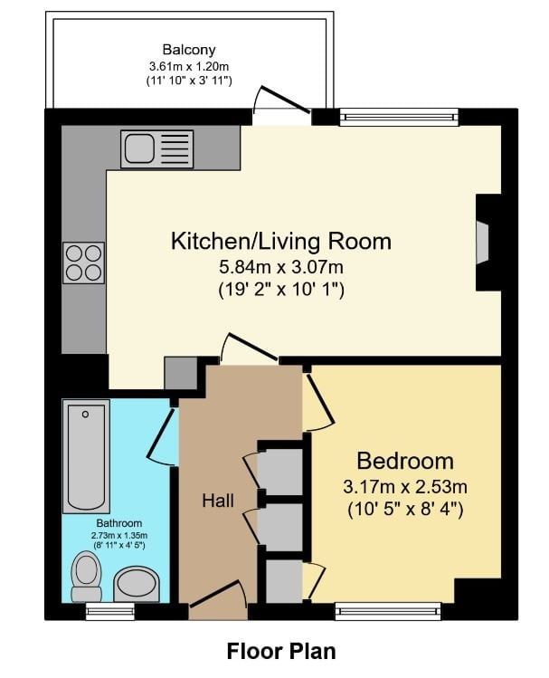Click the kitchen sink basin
pos(139,148)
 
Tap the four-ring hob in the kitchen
pos(84,263)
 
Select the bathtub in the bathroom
pos(86,456)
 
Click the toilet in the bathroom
pos(87,578)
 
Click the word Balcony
pos(189,50)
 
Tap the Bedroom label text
pos(405,461)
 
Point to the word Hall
pos(218,501)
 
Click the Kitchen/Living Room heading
pos(281,242)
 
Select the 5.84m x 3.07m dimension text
pos(281,267)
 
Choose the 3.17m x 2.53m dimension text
pos(405,487)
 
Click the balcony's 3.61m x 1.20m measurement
pos(189,67)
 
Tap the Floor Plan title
pos(281,651)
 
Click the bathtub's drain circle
pos(86,415)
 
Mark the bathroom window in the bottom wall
pos(110,611)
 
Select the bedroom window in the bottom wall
pos(388,611)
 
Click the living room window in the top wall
pos(399,117)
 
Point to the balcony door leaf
pos(285,100)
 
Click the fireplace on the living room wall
pos(488,243)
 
